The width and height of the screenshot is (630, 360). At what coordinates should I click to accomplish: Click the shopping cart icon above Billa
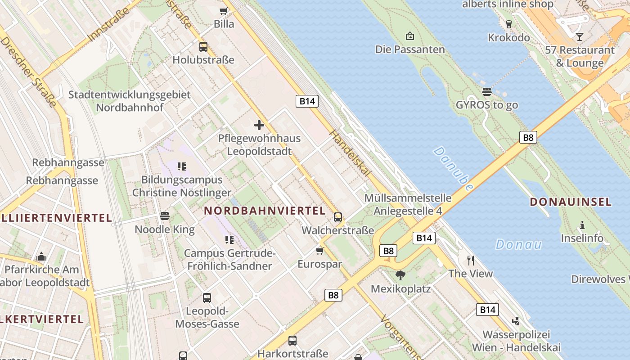[x=223, y=11]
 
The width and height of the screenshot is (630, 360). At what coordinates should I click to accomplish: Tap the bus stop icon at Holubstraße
[x=203, y=46]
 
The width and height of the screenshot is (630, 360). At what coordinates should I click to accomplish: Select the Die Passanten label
[x=410, y=49]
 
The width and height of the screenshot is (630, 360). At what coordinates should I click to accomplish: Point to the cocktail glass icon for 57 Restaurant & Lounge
[x=579, y=36]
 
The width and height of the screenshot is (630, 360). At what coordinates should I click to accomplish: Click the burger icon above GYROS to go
[x=486, y=92]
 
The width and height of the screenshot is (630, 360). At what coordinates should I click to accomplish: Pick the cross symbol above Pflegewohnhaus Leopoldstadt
[x=259, y=125]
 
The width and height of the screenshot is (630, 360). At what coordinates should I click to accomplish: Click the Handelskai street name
[x=350, y=153]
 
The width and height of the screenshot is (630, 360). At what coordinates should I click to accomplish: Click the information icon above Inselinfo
[x=582, y=225]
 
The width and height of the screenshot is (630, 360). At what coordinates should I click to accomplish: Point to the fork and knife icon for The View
[x=471, y=260]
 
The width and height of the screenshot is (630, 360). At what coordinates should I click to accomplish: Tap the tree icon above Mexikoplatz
[x=400, y=275]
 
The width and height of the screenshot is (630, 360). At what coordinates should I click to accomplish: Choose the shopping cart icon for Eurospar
[x=319, y=251]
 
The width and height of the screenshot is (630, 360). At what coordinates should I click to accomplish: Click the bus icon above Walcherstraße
[x=338, y=217]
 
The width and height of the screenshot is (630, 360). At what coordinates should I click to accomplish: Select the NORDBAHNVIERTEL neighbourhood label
[x=265, y=210]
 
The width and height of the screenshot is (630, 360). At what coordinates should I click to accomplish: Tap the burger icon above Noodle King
[x=165, y=216]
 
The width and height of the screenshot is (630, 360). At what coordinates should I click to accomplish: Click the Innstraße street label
[x=110, y=24]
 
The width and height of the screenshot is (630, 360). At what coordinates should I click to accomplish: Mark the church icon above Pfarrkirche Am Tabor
[x=42, y=256]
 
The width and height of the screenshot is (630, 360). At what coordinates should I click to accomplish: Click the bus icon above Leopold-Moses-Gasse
[x=207, y=297]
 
